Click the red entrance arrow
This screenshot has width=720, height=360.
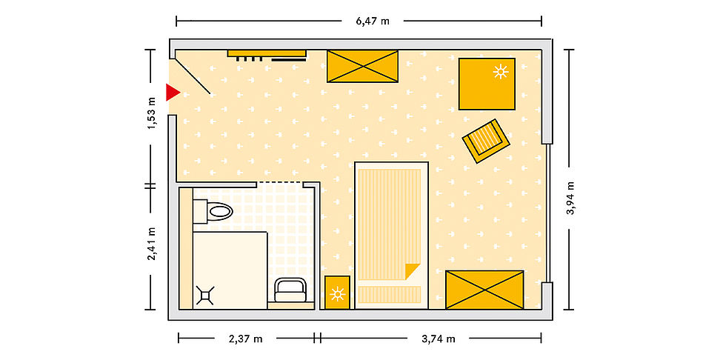pyautogui.click(x=172, y=93)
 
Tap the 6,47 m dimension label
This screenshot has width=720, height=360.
pyautogui.click(x=373, y=21)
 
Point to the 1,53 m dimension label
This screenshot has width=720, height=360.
pyautogui.click(x=151, y=113)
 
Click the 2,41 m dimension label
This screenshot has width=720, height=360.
pyautogui.click(x=151, y=244)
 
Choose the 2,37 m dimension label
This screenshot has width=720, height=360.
pyautogui.click(x=245, y=339)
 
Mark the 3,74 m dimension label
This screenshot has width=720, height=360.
pyautogui.click(x=438, y=339)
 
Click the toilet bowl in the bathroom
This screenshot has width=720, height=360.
pyautogui.click(x=219, y=211)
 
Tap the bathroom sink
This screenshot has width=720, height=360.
pyautogui.click(x=290, y=290)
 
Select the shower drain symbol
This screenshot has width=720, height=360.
pyautogui.click(x=205, y=296)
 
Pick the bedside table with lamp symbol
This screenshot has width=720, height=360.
pyautogui.click(x=338, y=293)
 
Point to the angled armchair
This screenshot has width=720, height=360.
pyautogui.click(x=486, y=141)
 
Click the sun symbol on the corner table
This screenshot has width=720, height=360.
pyautogui.click(x=501, y=72)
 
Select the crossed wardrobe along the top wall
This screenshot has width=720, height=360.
pyautogui.click(x=362, y=67)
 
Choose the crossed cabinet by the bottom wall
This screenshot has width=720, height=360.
pyautogui.click(x=484, y=290)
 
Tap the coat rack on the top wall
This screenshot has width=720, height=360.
pyautogui.click(x=267, y=56)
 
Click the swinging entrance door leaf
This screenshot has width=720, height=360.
pyautogui.click(x=193, y=77)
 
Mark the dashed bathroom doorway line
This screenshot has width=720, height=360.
pyautogui.click(x=280, y=183)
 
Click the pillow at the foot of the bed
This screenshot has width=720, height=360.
pyautogui.click(x=390, y=294)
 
